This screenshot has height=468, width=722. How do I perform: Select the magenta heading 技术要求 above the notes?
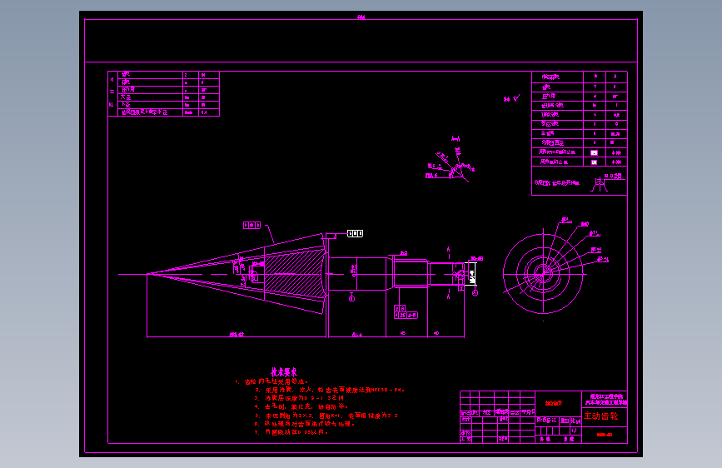284,372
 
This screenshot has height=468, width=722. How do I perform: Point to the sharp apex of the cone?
148,273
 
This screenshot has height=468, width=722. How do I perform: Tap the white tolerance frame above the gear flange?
356,233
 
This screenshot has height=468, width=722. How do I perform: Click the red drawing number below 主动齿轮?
605,434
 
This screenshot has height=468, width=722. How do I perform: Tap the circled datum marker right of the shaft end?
476,293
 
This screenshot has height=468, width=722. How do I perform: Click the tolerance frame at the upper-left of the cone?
251,225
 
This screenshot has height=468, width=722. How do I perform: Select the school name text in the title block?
609,400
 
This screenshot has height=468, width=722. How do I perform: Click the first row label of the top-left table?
127,74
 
